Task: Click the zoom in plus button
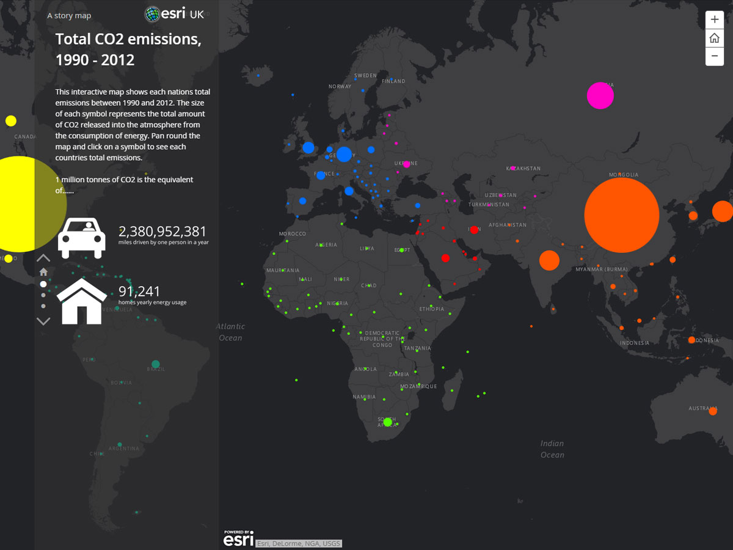[x=714, y=19]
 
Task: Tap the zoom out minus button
[x=714, y=56]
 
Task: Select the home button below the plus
[x=714, y=38]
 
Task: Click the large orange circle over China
[x=621, y=215]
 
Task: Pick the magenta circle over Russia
[x=600, y=96]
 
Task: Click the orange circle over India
[x=549, y=260]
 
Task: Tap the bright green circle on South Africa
[x=387, y=422]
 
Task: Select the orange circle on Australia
[x=712, y=411]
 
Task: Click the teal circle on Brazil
[x=155, y=364]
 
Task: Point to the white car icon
[x=82, y=238]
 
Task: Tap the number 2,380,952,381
[x=162, y=232]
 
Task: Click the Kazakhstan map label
[x=523, y=168]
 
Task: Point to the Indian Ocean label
[x=552, y=449]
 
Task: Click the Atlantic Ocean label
[x=231, y=332]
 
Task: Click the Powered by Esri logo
[x=238, y=538]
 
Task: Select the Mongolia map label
[x=623, y=175]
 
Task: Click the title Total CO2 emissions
[x=128, y=50]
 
